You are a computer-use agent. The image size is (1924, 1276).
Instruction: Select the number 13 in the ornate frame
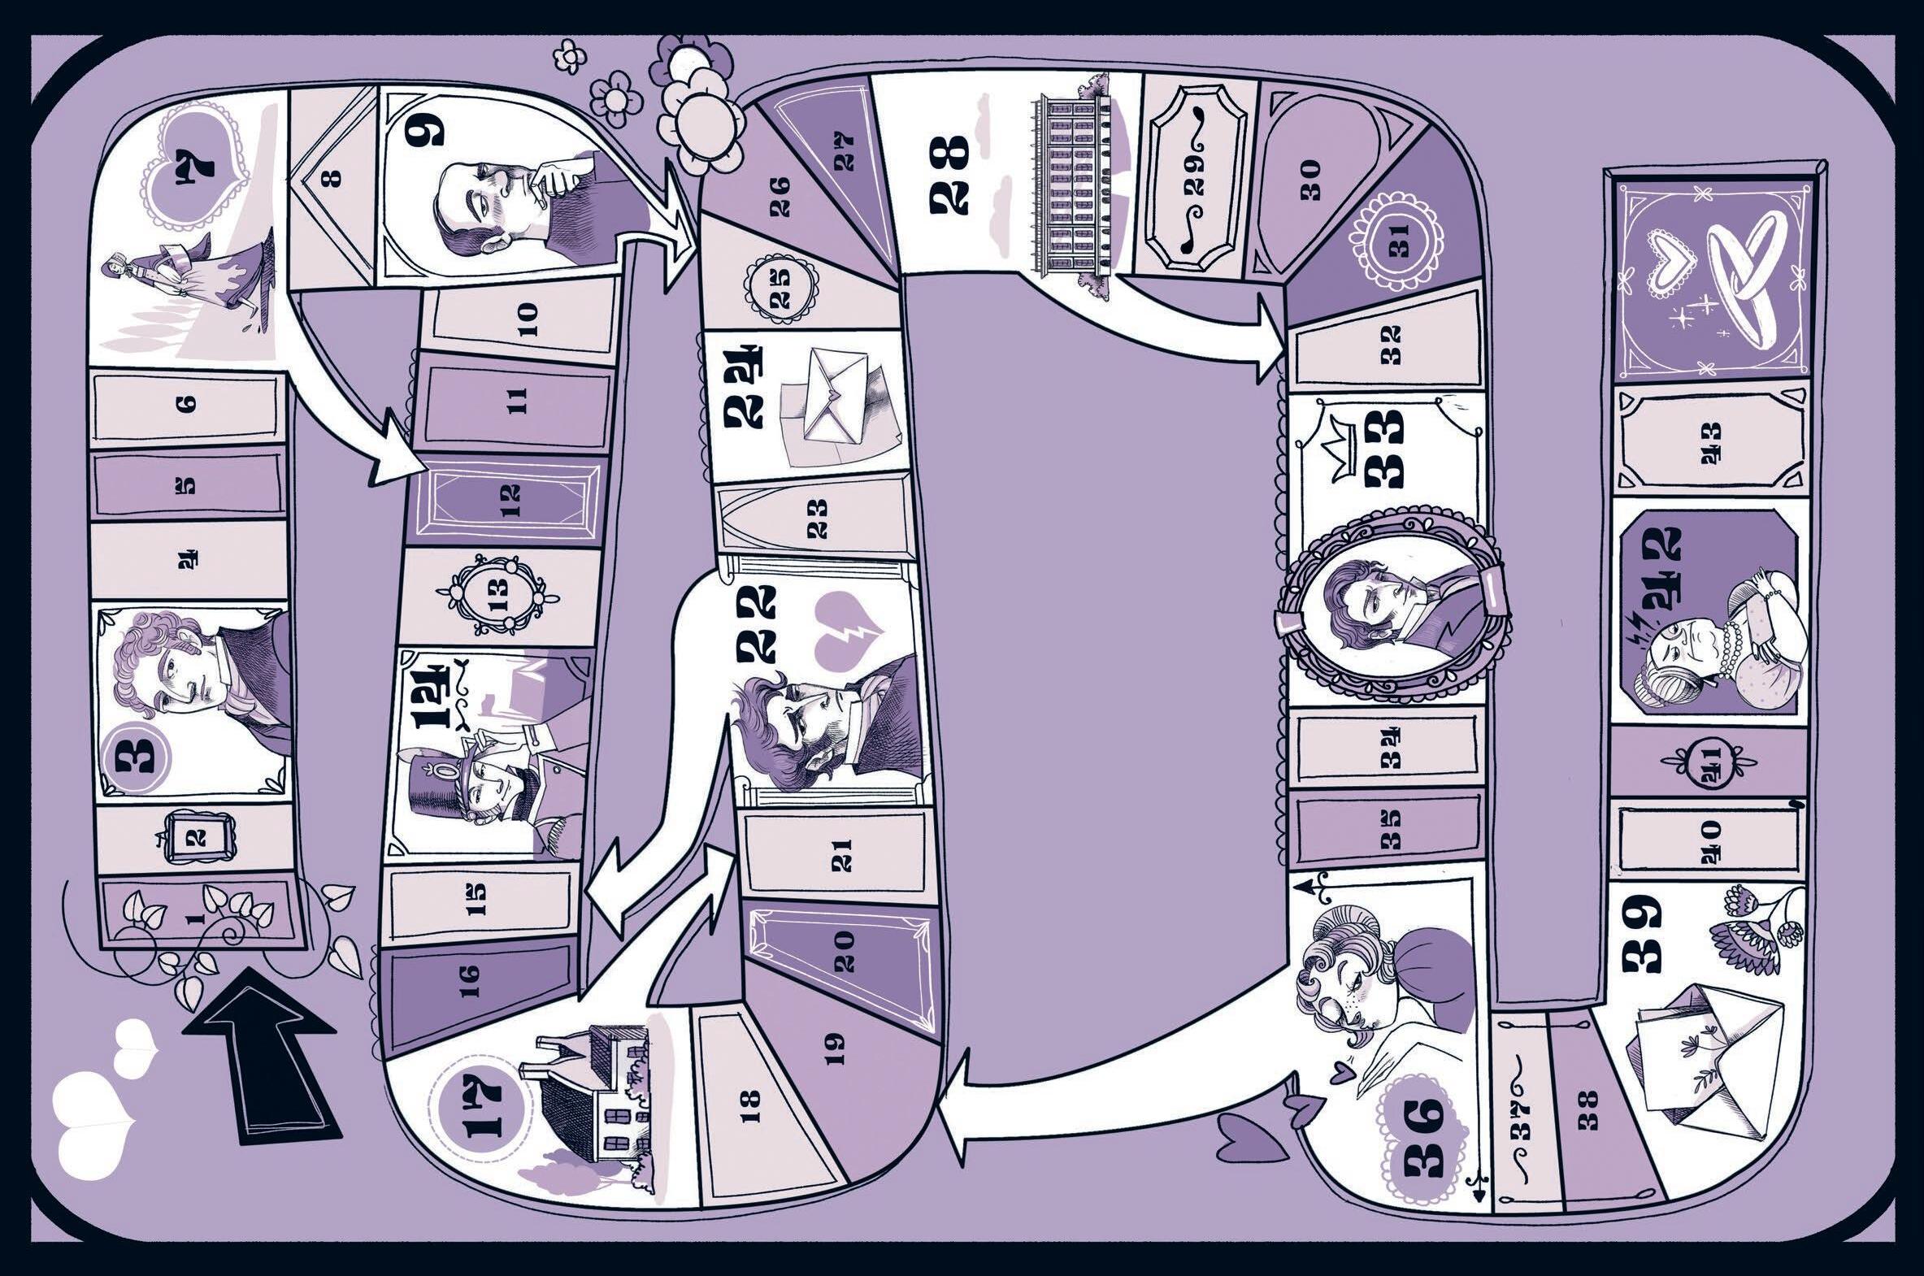click(498, 598)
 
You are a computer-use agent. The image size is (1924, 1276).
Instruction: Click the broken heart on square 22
click(846, 631)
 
